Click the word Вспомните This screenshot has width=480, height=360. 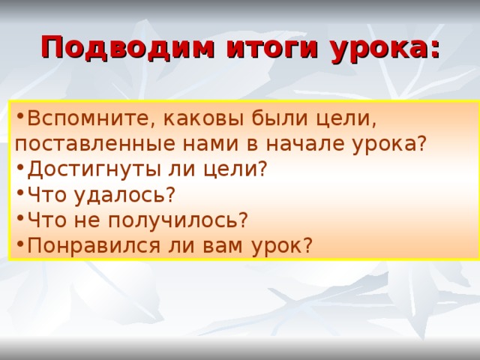[80, 118]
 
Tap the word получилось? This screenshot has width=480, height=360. [183, 220]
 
